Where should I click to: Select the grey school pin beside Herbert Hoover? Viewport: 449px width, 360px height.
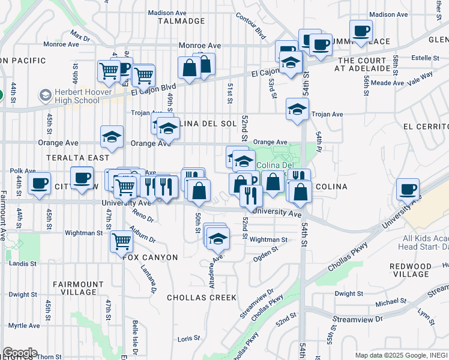[46, 96]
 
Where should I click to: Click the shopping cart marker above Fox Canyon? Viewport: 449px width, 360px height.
[121, 241]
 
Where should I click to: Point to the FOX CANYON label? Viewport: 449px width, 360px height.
[150, 257]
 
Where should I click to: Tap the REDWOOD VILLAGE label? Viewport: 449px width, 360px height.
[427, 270]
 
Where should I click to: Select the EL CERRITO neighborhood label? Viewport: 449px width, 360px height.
[426, 127]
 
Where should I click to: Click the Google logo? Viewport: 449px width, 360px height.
[19, 353]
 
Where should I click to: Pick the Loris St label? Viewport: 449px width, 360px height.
[188, 339]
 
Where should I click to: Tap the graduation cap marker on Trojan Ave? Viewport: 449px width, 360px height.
[297, 109]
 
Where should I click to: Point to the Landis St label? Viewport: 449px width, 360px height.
[23, 263]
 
